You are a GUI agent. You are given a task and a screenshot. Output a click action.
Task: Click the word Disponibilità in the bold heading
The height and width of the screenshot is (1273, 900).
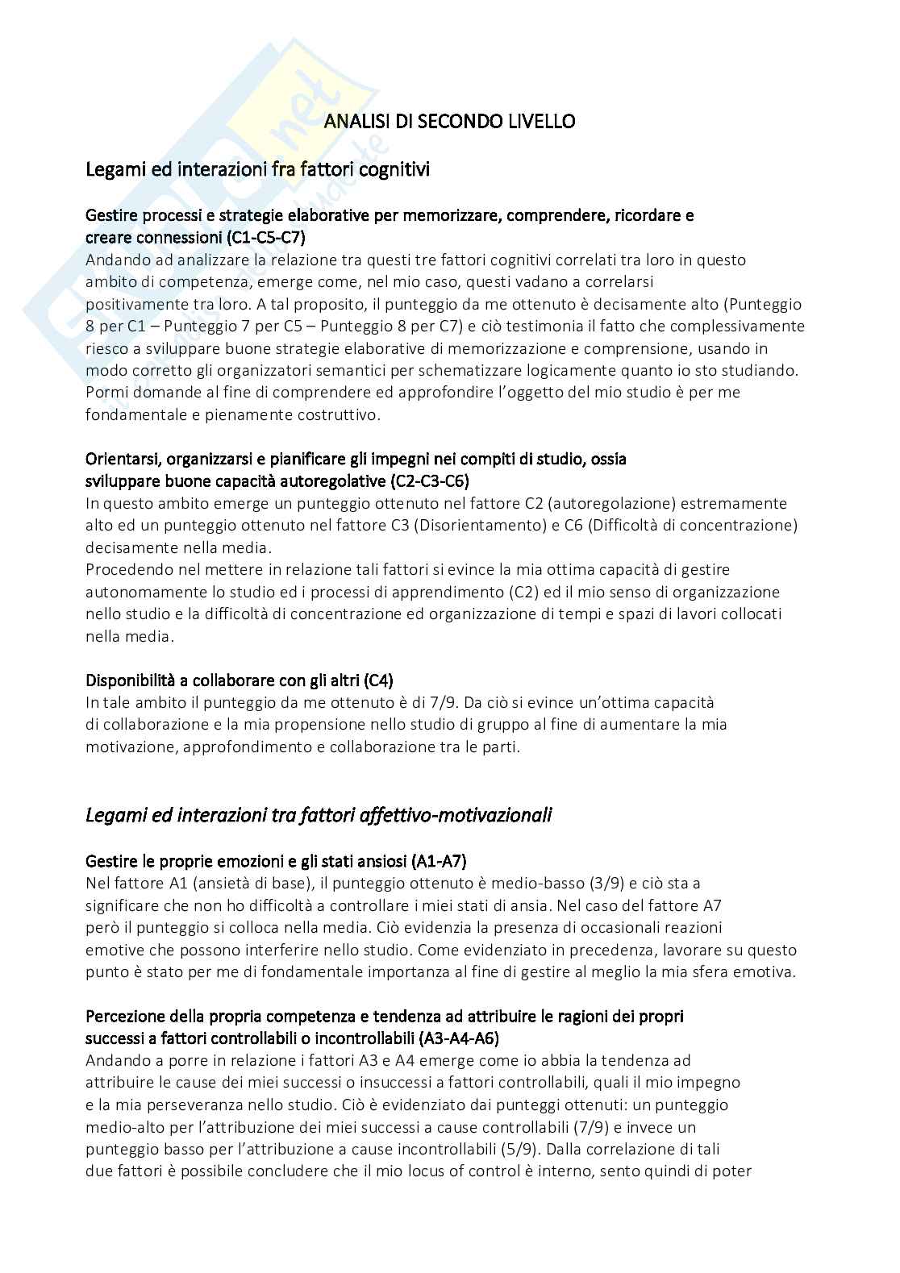[133, 680]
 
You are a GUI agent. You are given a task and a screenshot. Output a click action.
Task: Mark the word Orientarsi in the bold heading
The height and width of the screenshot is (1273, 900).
[122, 460]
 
